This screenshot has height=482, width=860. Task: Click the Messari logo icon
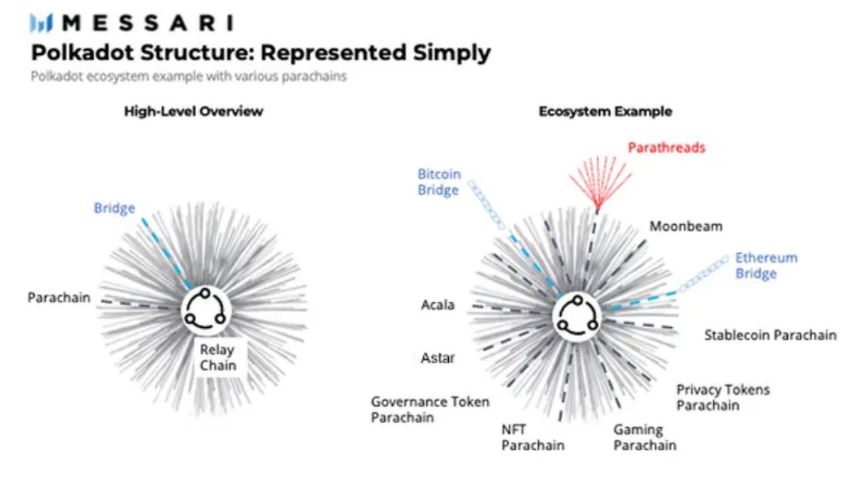[42, 23]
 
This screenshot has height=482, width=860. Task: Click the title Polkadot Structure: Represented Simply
[260, 53]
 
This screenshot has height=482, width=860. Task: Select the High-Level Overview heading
[194, 111]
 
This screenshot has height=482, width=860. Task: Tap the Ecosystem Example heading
[605, 111]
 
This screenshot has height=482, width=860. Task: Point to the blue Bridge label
[114, 208]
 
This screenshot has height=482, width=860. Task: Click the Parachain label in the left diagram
[59, 298]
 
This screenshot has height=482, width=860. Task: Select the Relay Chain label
[217, 358]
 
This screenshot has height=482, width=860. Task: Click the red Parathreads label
[666, 147]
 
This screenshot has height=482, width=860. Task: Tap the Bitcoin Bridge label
[439, 183]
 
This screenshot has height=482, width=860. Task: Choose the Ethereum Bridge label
[765, 265]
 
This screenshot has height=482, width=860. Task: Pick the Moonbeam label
[686, 226]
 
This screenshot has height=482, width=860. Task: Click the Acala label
[438, 305]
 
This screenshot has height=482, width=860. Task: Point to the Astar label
[438, 358]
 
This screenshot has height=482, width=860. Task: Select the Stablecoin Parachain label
[770, 335]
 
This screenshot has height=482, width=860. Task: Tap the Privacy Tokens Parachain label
[722, 398]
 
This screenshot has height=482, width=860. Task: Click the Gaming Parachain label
[644, 438]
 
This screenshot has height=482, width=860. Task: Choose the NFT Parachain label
[532, 438]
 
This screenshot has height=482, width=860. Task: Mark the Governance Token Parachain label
[430, 410]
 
